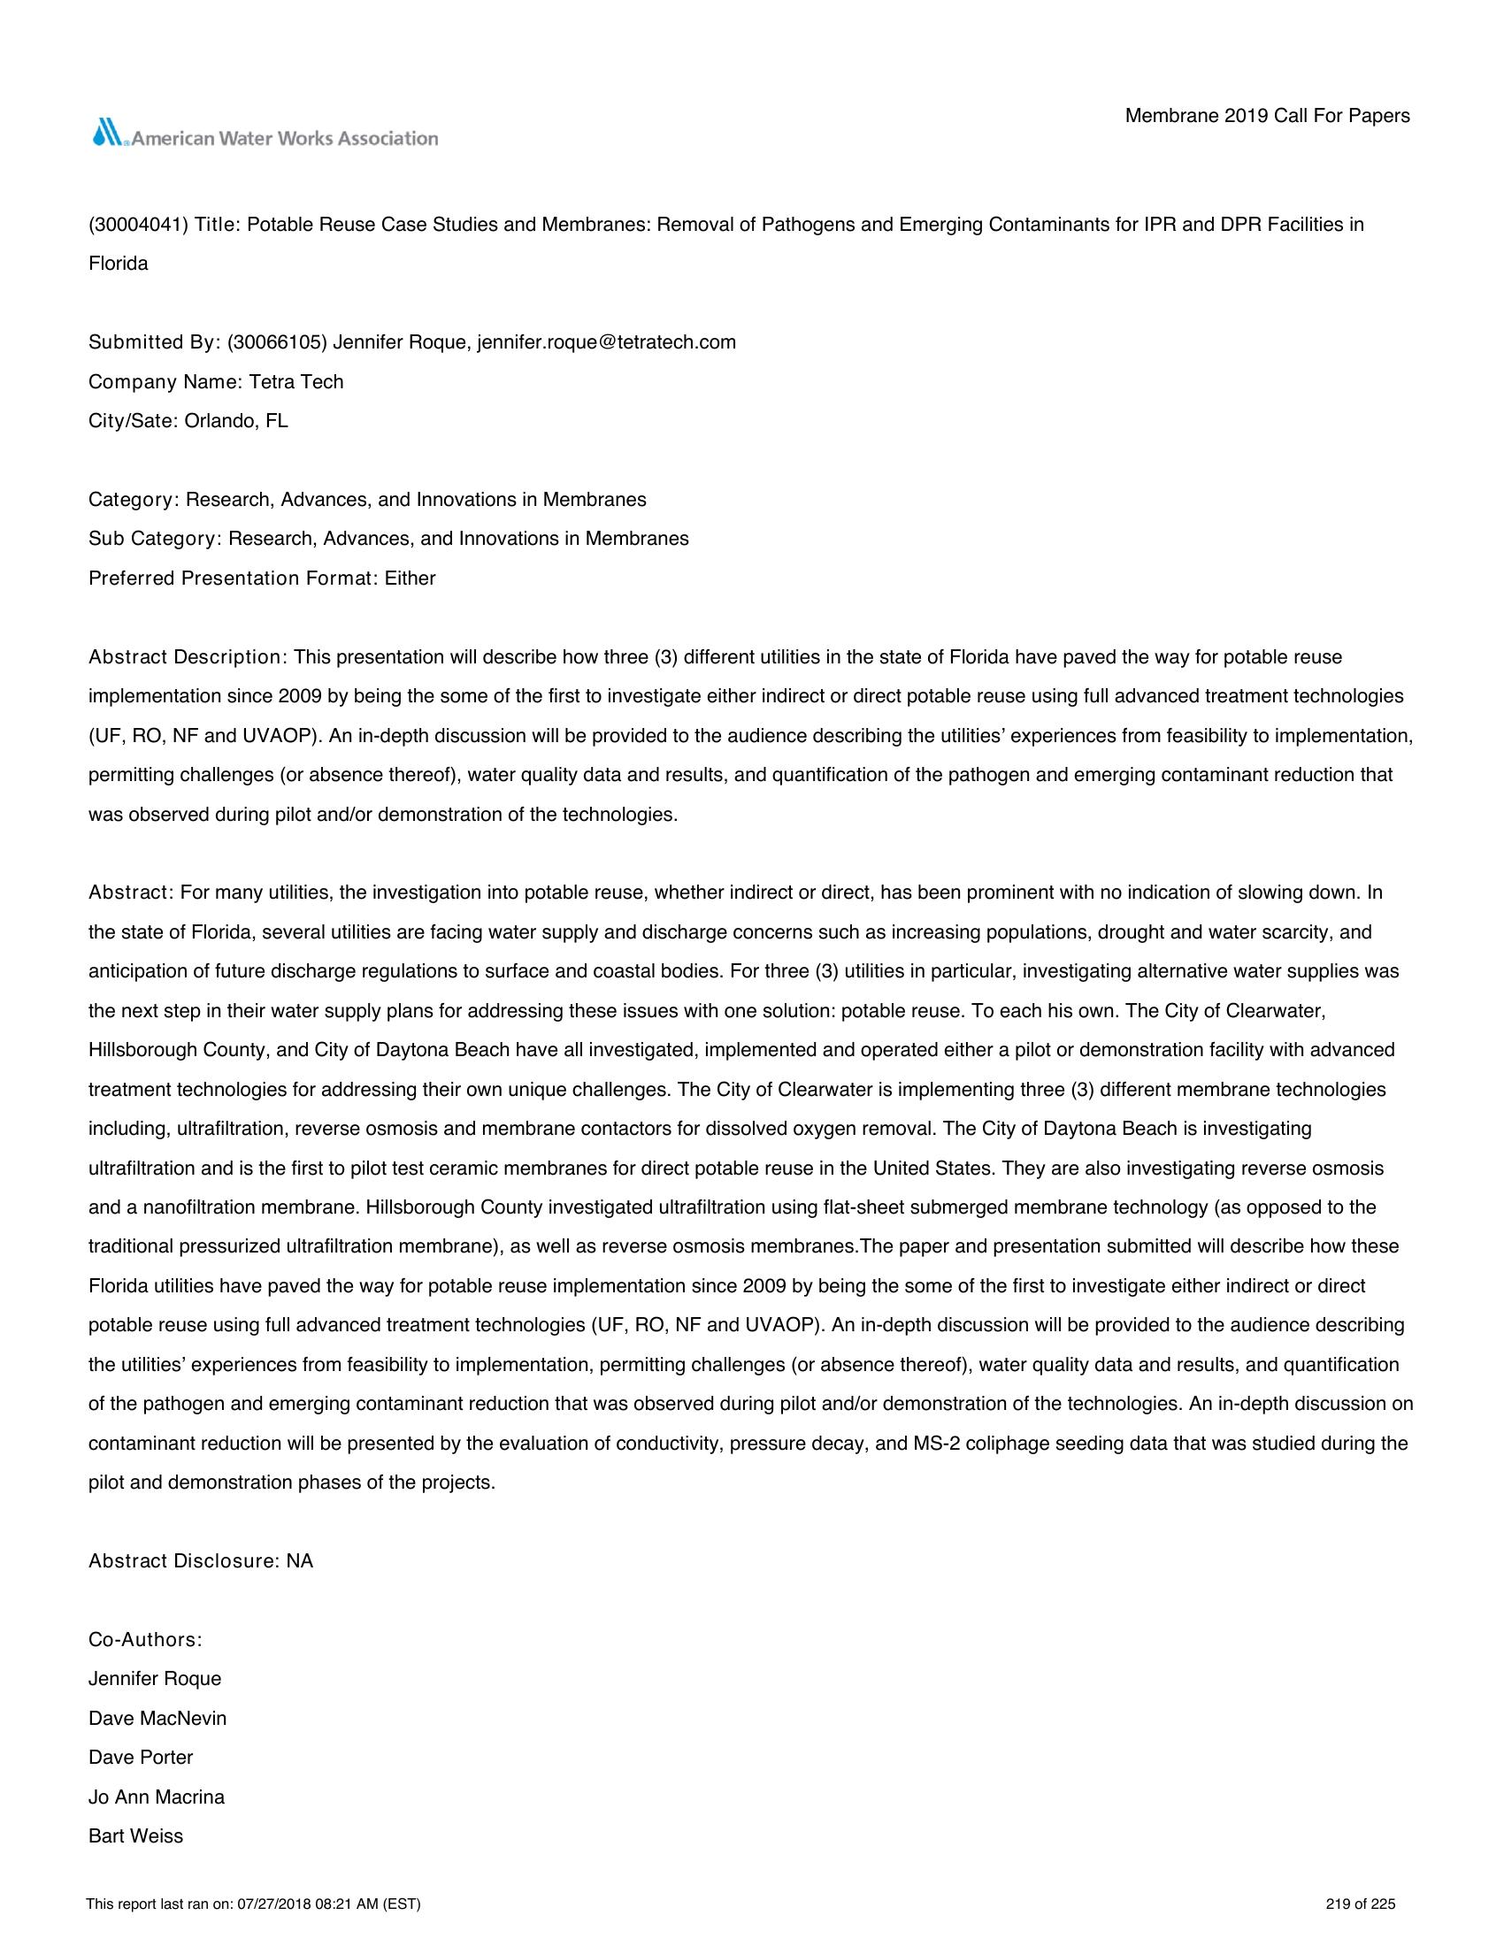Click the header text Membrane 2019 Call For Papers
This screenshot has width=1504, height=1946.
pyautogui.click(x=1267, y=116)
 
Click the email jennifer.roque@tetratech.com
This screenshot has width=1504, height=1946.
pyautogui.click(x=607, y=342)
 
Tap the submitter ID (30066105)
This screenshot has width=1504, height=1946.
pyautogui.click(x=277, y=342)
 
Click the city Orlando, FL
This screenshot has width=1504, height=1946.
pyautogui.click(x=236, y=420)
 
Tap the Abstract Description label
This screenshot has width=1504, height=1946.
pyautogui.click(x=186, y=657)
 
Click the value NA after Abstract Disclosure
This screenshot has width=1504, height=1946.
pyautogui.click(x=300, y=1561)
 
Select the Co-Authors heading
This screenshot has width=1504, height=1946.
pyautogui.click(x=145, y=1639)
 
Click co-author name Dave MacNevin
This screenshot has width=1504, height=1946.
pyautogui.click(x=157, y=1718)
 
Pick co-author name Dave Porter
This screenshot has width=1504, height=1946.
pyautogui.click(x=141, y=1757)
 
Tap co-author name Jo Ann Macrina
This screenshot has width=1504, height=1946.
pyautogui.click(x=157, y=1797)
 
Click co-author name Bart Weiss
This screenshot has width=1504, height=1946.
pyautogui.click(x=135, y=1835)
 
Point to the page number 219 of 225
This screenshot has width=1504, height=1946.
pyautogui.click(x=1361, y=1905)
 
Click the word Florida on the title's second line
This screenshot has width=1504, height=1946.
pyautogui.click(x=119, y=264)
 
